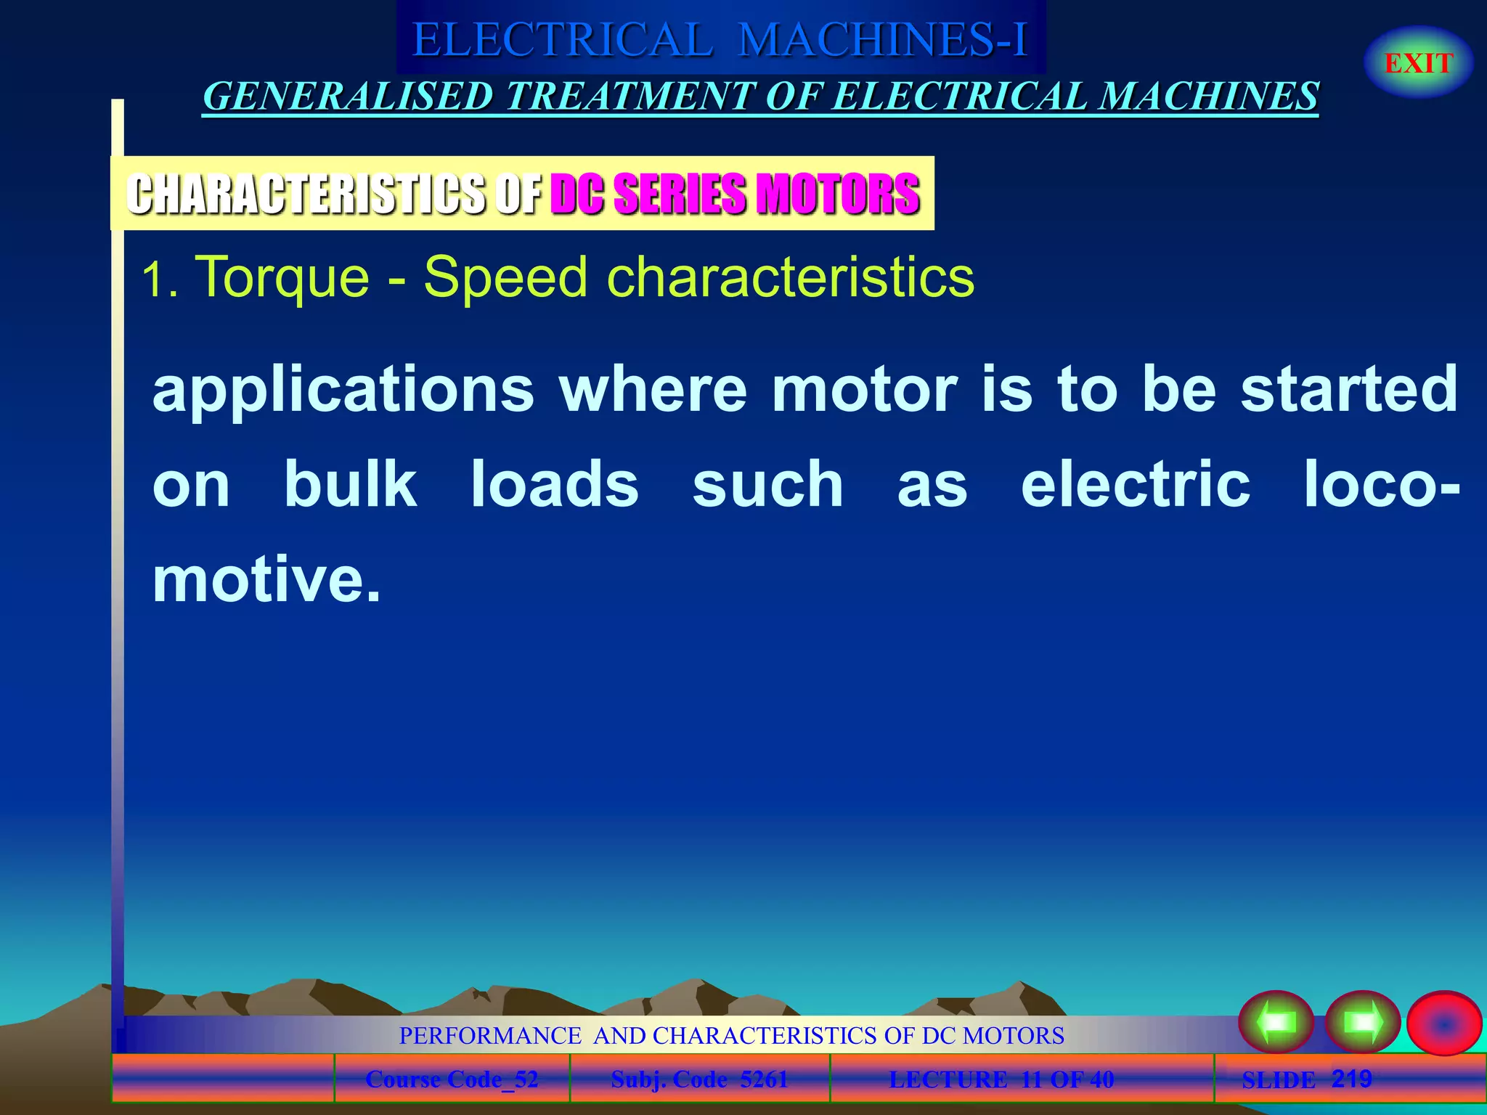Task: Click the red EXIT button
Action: pyautogui.click(x=1418, y=63)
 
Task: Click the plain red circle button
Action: pyautogui.click(x=1443, y=1023)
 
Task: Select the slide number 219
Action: pyautogui.click(x=1351, y=1079)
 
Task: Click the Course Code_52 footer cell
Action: pyautogui.click(x=452, y=1079)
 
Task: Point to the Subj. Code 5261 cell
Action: pyautogui.click(x=699, y=1079)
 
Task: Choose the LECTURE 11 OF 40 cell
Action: pyautogui.click(x=1001, y=1079)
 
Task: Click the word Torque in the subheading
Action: pyautogui.click(x=283, y=278)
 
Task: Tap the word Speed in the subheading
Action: pyautogui.click(x=505, y=278)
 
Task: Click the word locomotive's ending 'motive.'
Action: pyautogui.click(x=266, y=579)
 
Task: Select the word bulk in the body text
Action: pyautogui.click(x=351, y=484)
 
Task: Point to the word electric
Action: pyautogui.click(x=1136, y=484)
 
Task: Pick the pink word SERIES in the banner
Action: pyautogui.click(x=679, y=194)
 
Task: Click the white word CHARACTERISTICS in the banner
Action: pyautogui.click(x=306, y=194)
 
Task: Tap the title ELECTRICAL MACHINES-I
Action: pyautogui.click(x=720, y=39)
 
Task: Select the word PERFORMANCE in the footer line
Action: pyautogui.click(x=490, y=1035)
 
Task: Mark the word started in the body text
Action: pyautogui.click(x=1349, y=390)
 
